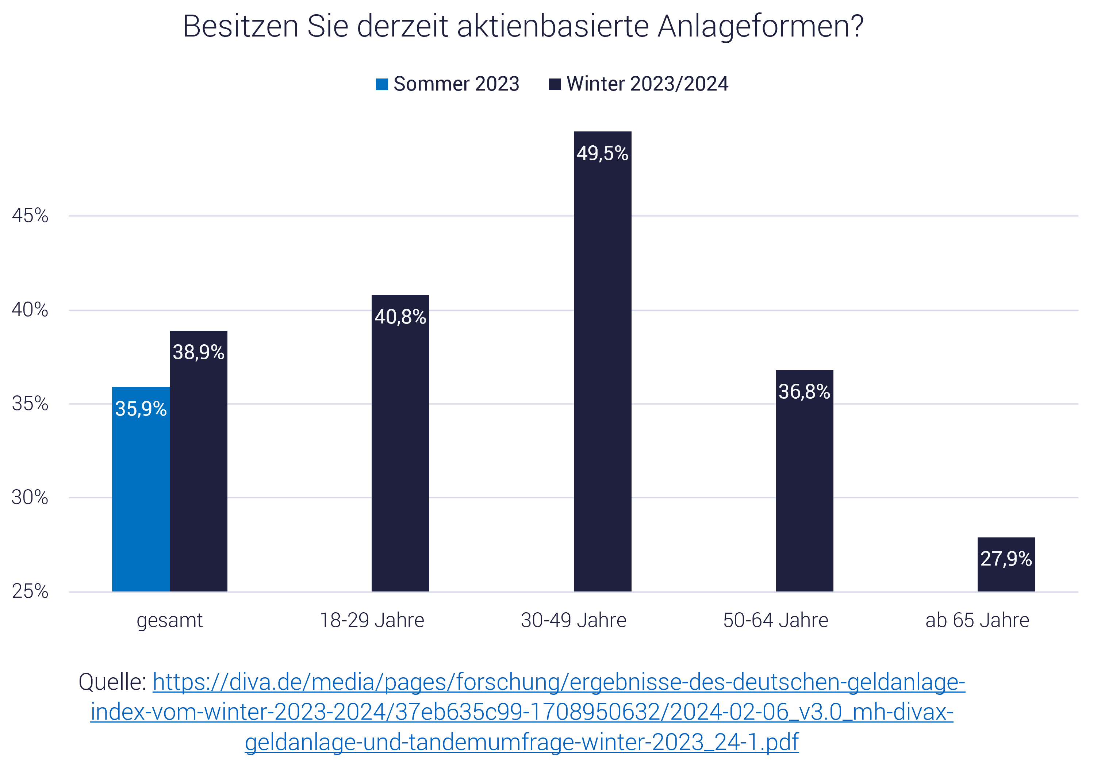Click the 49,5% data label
[602, 153]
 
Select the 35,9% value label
[141, 409]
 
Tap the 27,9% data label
[1006, 559]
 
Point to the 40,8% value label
[400, 317]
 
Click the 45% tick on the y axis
[30, 216]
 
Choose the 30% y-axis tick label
[30, 498]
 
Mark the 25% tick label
[30, 592]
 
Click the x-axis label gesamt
[170, 620]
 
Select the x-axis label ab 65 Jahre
[977, 620]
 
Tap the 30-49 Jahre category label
[574, 620]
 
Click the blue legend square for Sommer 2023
[382, 84]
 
